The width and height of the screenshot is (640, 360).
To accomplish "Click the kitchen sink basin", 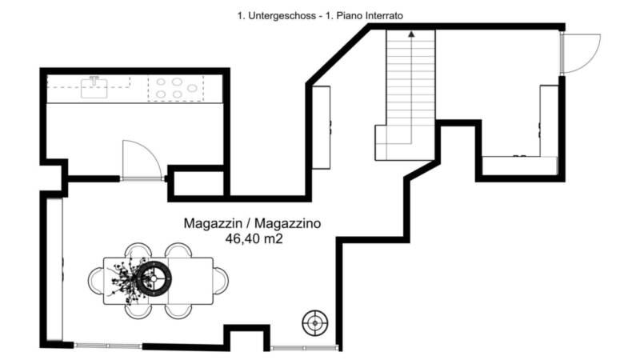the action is tap(94, 89).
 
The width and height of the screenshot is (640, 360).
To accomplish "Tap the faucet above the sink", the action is tap(94, 80).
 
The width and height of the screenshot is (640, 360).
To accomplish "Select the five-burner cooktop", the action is tap(176, 88).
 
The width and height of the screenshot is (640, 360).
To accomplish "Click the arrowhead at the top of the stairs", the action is tap(411, 34).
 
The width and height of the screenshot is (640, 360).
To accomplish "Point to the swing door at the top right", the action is tap(581, 54).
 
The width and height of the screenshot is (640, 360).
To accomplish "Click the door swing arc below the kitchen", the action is tap(142, 159).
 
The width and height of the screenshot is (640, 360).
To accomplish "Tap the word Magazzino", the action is tap(287, 223).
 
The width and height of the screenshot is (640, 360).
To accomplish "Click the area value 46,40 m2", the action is tap(254, 238).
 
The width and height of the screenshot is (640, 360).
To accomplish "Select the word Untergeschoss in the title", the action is tap(282, 16).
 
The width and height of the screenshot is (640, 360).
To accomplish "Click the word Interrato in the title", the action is tap(384, 16).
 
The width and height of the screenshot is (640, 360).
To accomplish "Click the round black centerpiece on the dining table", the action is tap(154, 278).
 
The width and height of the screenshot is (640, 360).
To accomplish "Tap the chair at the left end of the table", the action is tap(96, 281).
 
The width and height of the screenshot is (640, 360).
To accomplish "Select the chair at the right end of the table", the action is tap(221, 281).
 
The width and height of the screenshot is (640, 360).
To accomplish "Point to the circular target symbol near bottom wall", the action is tap(314, 323).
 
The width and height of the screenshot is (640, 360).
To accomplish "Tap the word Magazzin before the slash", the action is tap(212, 223).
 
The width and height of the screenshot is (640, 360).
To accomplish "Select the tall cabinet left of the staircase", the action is tap(322, 127).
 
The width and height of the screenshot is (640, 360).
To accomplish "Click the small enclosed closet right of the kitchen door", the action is tap(198, 183).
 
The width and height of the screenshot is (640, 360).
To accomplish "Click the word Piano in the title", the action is tap(350, 16).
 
